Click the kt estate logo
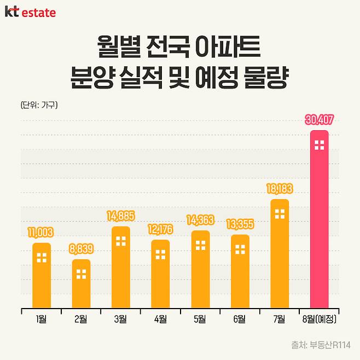30,12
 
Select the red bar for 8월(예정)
320,219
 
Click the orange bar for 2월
81,283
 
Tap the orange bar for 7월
280,253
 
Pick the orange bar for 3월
121,267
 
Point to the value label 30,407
320,120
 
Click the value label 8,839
81,249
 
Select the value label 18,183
280,189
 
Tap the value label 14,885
121,216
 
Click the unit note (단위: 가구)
39,104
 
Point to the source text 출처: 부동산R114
322,345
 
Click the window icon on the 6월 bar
240,249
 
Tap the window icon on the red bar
320,145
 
